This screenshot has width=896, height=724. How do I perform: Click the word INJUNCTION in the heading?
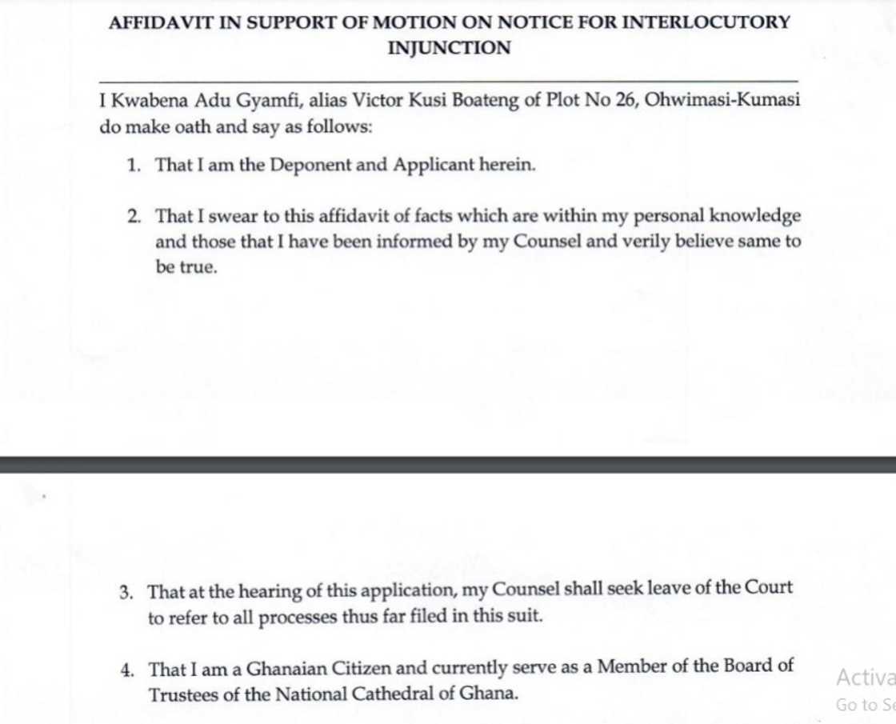pos(449,48)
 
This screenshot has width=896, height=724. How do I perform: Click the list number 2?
pos(134,217)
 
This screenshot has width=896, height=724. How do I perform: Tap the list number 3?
pos(126,593)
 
